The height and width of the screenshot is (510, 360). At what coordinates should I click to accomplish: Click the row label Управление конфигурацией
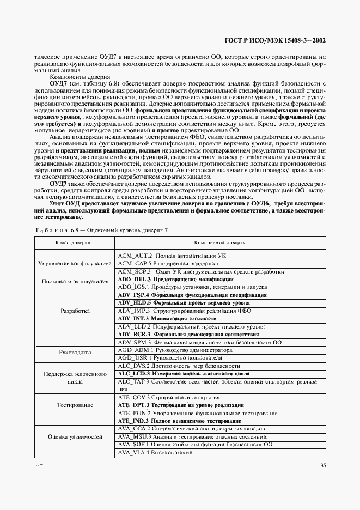click(75, 263)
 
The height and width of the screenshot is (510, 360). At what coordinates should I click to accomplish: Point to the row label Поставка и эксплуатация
click(75, 282)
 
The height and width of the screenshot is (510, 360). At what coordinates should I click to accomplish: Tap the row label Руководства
click(75, 353)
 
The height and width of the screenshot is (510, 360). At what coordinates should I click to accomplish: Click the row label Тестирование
click(75, 405)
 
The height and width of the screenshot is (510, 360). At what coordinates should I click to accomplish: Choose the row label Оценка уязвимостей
click(75, 437)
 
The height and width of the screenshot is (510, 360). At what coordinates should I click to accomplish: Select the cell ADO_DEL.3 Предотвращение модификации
click(175, 279)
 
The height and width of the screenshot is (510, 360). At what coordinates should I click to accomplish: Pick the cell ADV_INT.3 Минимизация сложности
click(167, 318)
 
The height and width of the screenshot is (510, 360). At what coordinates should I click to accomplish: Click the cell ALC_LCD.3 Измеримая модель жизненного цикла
click(184, 374)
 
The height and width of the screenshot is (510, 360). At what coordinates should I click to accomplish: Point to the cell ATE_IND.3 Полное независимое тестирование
click(180, 421)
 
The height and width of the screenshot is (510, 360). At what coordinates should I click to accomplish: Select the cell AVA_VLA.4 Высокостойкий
click(154, 453)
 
